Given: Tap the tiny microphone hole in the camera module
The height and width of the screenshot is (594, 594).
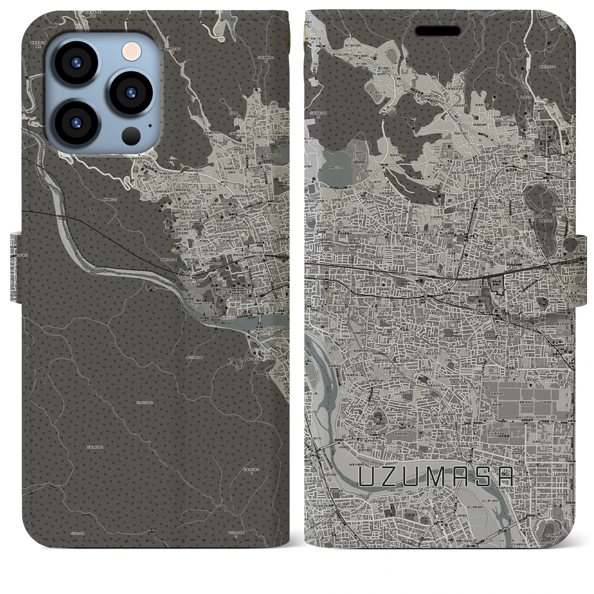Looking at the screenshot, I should tap(149, 126).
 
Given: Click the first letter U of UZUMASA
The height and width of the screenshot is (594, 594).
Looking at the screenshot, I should tap(368, 477).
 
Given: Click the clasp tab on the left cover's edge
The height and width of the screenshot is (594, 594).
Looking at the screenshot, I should tap(15, 252).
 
